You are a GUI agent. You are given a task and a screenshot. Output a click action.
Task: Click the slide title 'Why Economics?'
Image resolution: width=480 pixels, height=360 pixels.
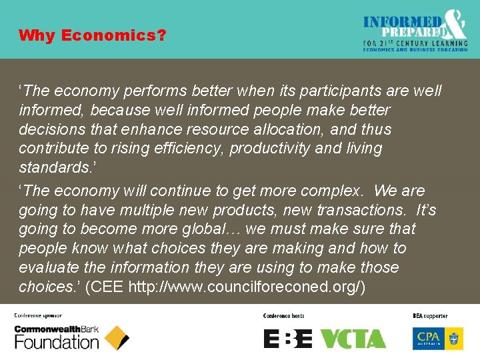92,35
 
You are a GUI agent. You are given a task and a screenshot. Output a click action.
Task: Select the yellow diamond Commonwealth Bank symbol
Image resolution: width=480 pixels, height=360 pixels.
117,338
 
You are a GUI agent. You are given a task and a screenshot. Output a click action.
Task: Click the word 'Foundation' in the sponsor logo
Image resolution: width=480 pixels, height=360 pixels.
57,343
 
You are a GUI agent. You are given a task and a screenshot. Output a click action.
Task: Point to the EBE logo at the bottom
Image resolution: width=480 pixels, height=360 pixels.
288,339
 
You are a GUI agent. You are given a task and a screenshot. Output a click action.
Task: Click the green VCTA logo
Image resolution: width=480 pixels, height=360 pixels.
353,339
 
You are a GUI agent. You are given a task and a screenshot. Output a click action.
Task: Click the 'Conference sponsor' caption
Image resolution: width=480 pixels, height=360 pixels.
38,315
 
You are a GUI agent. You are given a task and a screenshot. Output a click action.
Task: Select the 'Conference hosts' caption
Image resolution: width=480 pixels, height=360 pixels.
283,315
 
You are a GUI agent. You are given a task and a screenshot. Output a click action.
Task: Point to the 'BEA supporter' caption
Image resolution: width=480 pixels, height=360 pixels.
431,315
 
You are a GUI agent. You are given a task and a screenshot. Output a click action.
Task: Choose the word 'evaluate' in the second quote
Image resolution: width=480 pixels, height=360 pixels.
45,267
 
